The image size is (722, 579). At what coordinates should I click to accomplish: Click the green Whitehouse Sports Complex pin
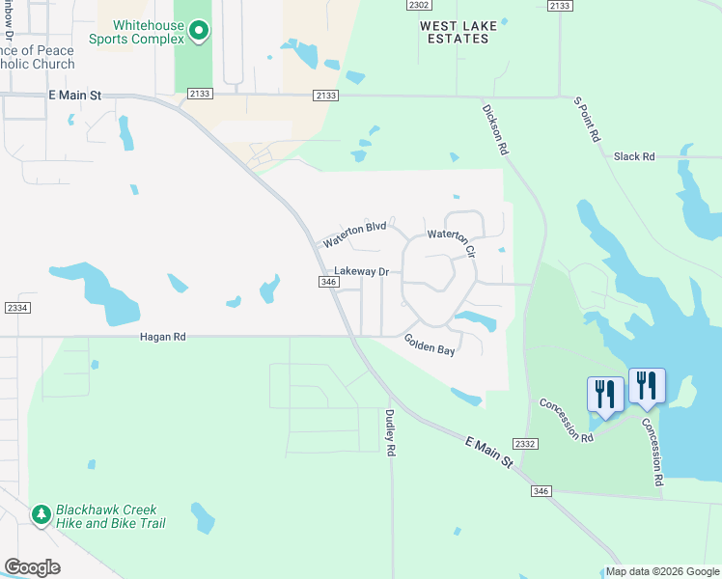(199, 31)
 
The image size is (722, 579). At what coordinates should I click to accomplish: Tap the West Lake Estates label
(460, 32)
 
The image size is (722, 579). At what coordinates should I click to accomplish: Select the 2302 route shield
(419, 6)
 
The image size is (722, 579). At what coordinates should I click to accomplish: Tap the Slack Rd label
(634, 156)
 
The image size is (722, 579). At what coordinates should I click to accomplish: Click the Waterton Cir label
(453, 242)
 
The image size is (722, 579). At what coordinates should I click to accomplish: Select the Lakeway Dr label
(361, 272)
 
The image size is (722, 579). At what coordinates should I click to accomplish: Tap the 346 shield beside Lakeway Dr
(326, 282)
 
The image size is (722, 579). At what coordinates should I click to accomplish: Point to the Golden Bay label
(430, 345)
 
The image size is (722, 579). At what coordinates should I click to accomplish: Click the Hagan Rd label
(162, 337)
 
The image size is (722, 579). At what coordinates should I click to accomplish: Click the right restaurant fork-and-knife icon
(646, 385)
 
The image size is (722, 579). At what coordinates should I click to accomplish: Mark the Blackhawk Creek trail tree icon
(42, 515)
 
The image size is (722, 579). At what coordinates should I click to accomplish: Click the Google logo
(32, 567)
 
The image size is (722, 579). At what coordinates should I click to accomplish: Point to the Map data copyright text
(661, 571)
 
